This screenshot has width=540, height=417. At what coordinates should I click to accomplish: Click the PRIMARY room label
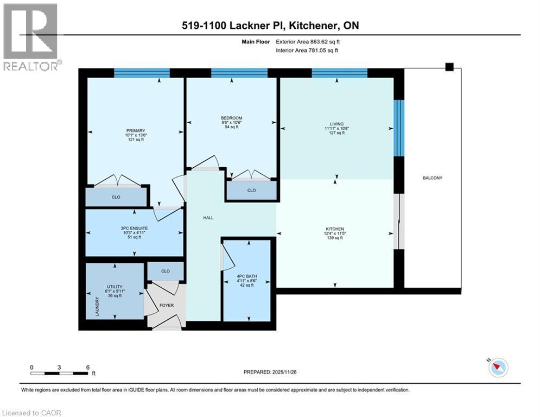coord(135,130)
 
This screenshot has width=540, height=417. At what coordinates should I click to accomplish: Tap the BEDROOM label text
coord(231,118)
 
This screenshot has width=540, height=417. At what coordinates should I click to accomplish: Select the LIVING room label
coord(336,124)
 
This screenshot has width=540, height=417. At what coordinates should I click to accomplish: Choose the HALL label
coord(208,218)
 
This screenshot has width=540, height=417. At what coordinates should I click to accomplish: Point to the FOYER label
coord(166,306)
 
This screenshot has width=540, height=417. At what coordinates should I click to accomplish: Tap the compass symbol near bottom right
coord(498,368)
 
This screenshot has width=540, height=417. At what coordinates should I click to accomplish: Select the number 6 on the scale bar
coord(88,367)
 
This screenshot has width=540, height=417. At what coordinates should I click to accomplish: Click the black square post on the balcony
coord(449,67)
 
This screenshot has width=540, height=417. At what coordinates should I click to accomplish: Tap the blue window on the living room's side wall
coord(399,128)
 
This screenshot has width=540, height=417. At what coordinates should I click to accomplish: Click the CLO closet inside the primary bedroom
coord(116,197)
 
